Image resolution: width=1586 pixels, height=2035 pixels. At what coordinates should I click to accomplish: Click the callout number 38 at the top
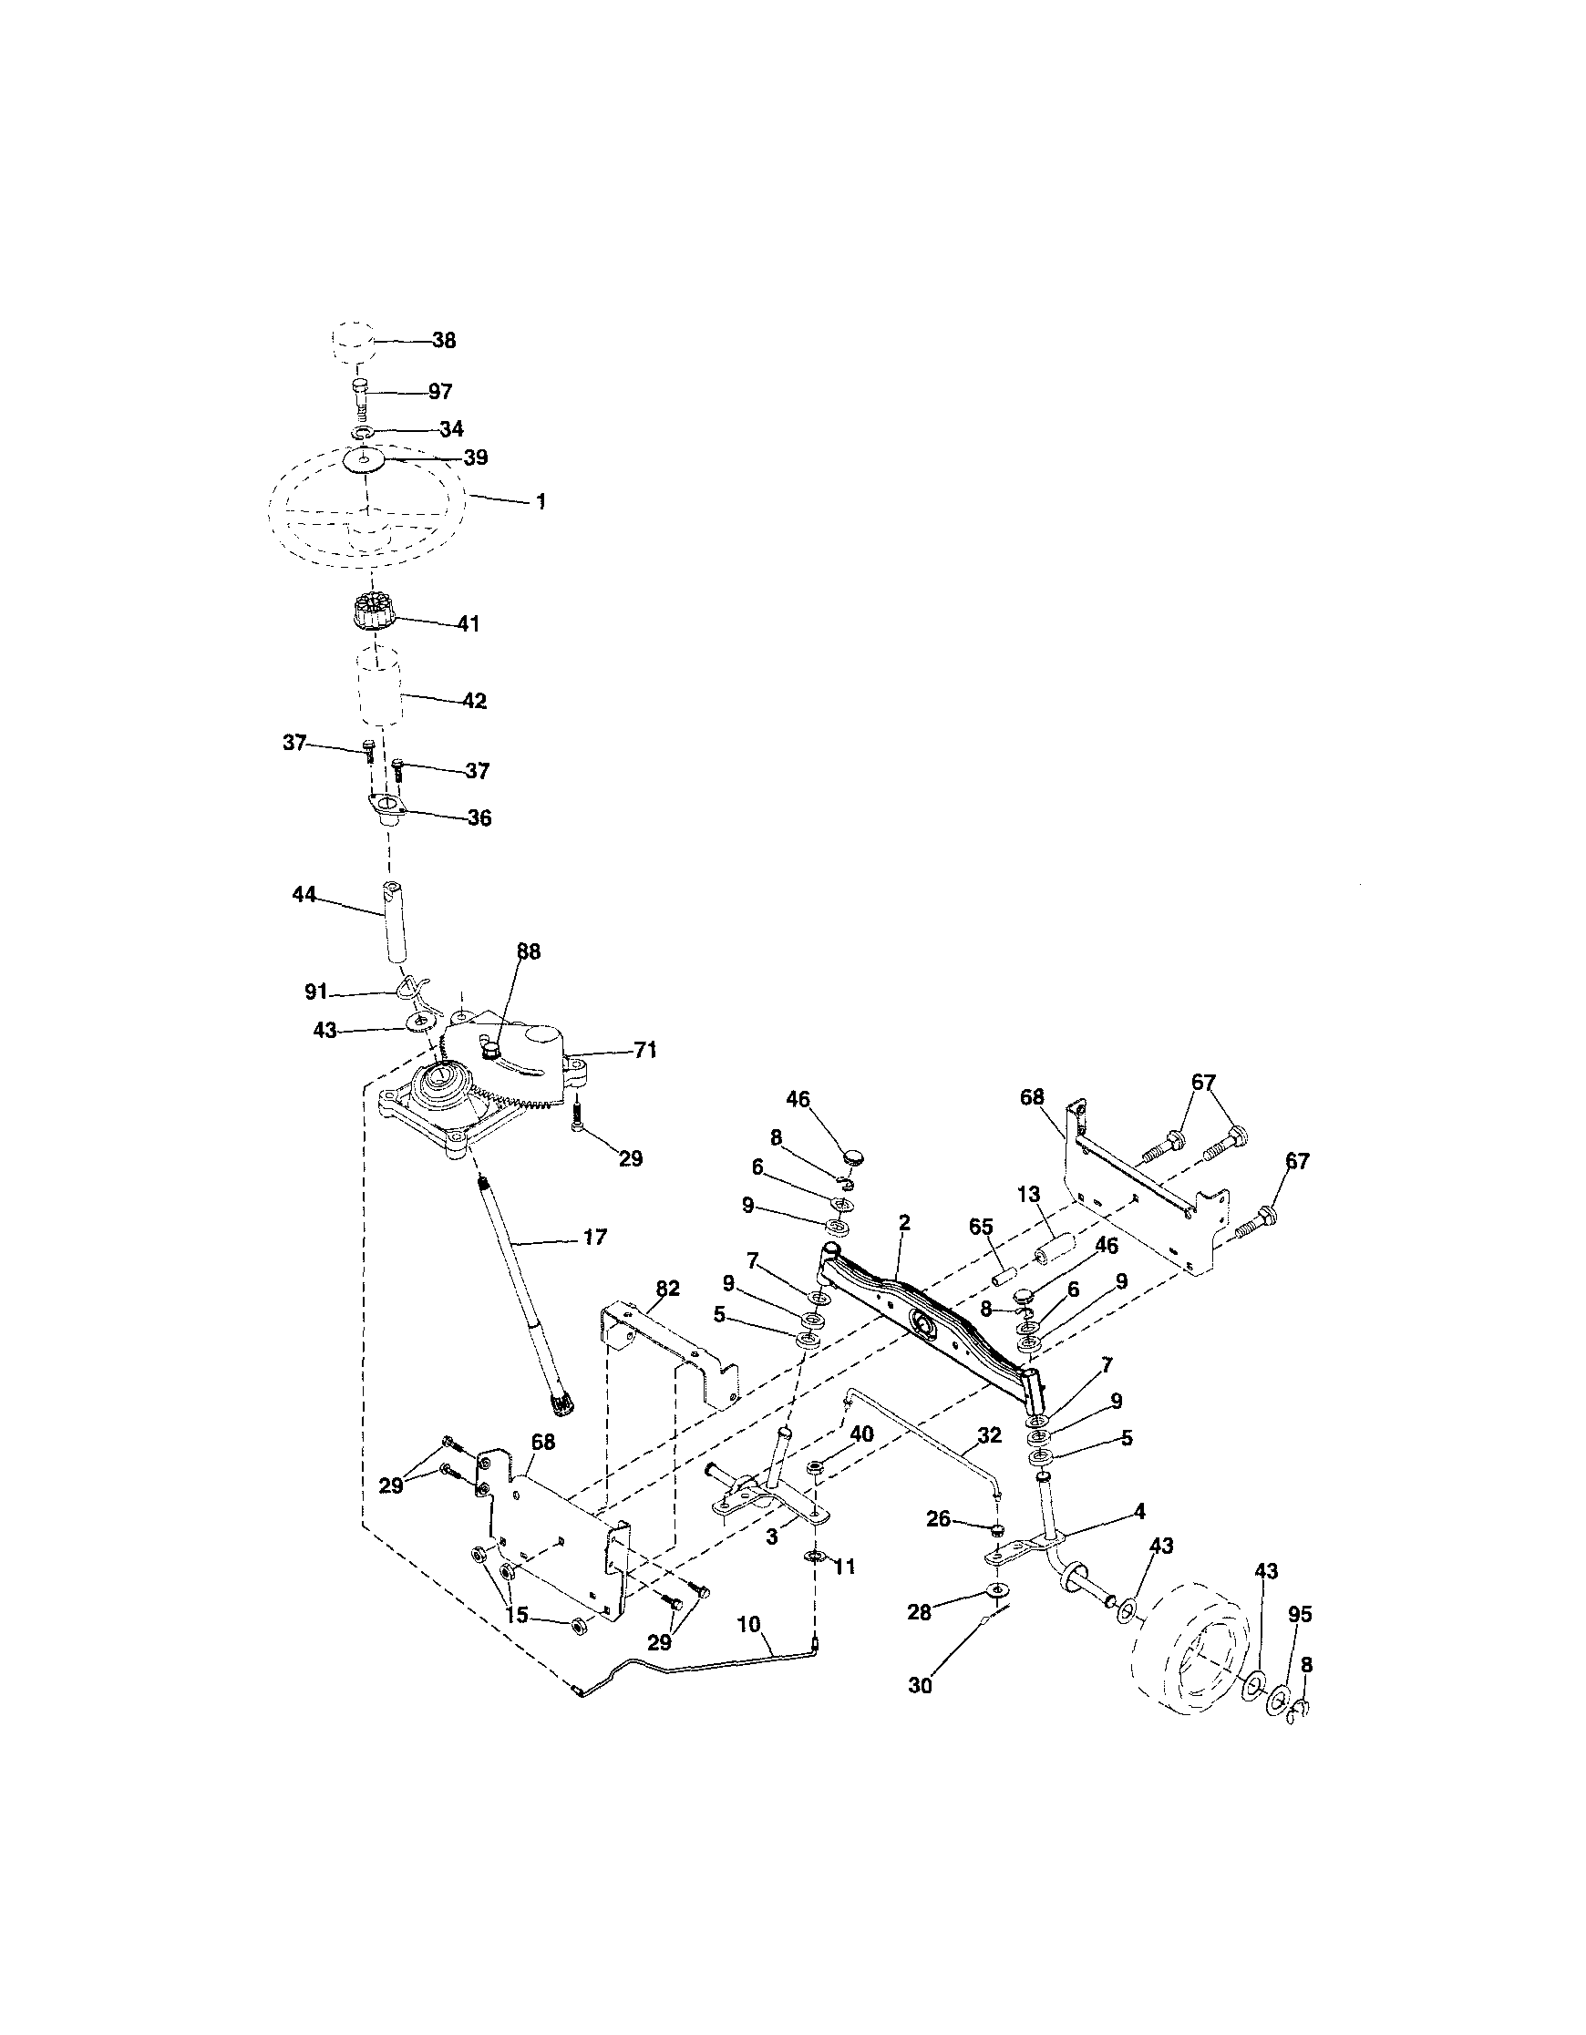pyautogui.click(x=444, y=341)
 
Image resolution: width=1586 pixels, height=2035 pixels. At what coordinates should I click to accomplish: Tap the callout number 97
pyautogui.click(x=440, y=391)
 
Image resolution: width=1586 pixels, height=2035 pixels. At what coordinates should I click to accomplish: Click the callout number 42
pyautogui.click(x=474, y=701)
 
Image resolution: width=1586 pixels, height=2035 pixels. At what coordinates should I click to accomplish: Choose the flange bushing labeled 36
pyautogui.click(x=385, y=807)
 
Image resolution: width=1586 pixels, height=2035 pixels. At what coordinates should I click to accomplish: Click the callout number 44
pyautogui.click(x=304, y=895)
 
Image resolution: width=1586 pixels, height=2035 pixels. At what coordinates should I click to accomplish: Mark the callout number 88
pyautogui.click(x=529, y=952)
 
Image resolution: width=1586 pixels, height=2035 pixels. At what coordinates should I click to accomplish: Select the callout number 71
pyautogui.click(x=645, y=1051)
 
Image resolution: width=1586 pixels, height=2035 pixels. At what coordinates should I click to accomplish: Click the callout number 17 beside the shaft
pyautogui.click(x=594, y=1238)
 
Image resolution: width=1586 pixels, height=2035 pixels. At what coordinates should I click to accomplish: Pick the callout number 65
pyautogui.click(x=982, y=1228)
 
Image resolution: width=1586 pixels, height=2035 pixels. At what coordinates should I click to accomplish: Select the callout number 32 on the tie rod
pyautogui.click(x=989, y=1436)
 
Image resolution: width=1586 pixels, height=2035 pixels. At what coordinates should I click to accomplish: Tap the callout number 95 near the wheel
pyautogui.click(x=1299, y=1615)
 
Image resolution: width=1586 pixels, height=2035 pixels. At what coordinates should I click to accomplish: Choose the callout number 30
pyautogui.click(x=920, y=1685)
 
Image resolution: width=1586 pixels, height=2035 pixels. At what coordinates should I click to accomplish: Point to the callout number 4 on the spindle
pyautogui.click(x=1139, y=1511)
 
